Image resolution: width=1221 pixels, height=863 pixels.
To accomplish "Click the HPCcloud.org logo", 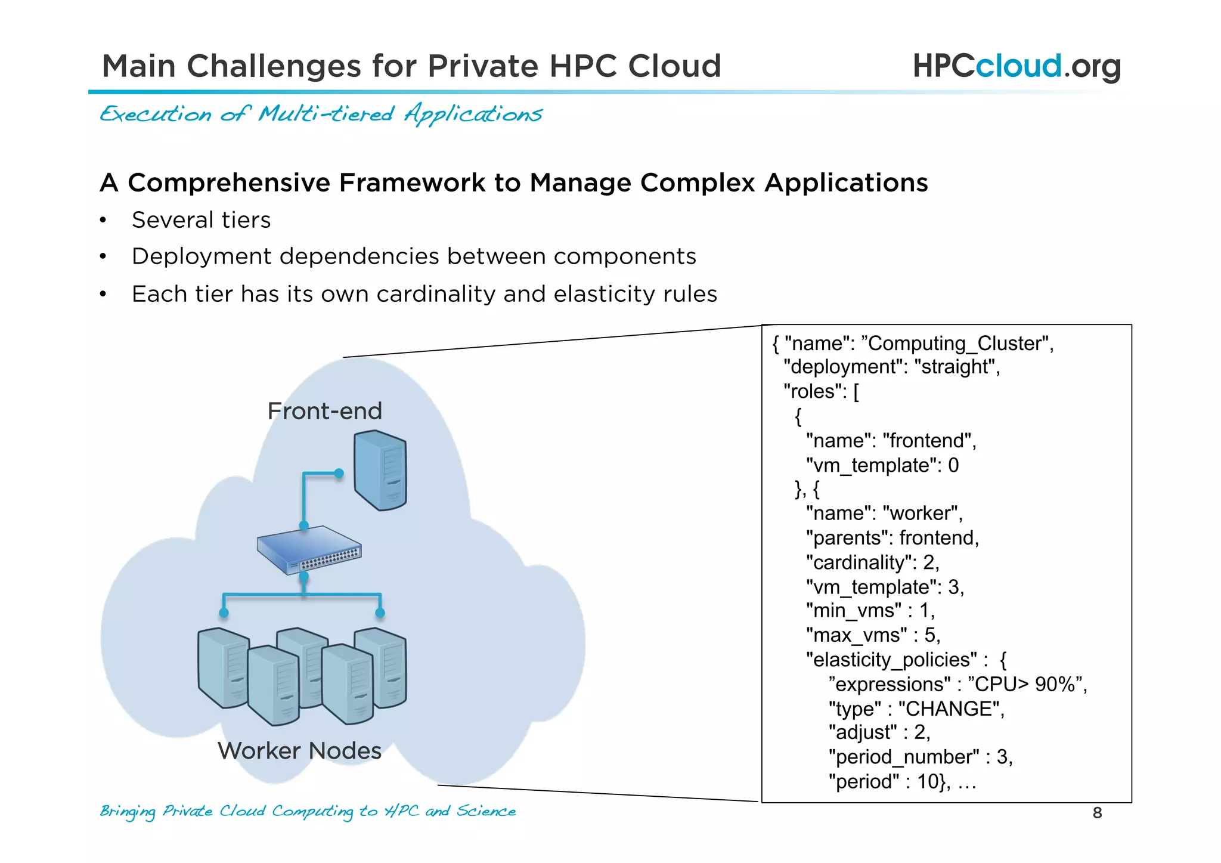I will pyautogui.click(x=1016, y=66).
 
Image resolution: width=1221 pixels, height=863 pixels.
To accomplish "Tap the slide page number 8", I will pyautogui.click(x=1097, y=813).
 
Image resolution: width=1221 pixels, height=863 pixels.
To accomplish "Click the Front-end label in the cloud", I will pyautogui.click(x=324, y=411).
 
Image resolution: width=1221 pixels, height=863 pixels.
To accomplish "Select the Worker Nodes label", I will pyautogui.click(x=299, y=750).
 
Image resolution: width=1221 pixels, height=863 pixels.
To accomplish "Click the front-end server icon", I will pyautogui.click(x=380, y=471).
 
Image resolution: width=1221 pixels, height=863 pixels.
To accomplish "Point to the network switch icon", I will pyautogui.click(x=309, y=550).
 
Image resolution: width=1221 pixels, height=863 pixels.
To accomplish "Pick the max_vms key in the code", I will pyautogui.click(x=857, y=635).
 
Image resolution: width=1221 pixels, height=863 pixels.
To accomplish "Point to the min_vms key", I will pyautogui.click(x=854, y=611).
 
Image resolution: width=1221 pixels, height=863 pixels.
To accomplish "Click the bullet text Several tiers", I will pyautogui.click(x=201, y=220).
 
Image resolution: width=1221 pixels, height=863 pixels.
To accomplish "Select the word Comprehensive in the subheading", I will pyautogui.click(x=229, y=183).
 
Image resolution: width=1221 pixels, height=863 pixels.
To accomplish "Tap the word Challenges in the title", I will pyautogui.click(x=274, y=66).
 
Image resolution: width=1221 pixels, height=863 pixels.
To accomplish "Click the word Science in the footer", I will pyautogui.click(x=486, y=811).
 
